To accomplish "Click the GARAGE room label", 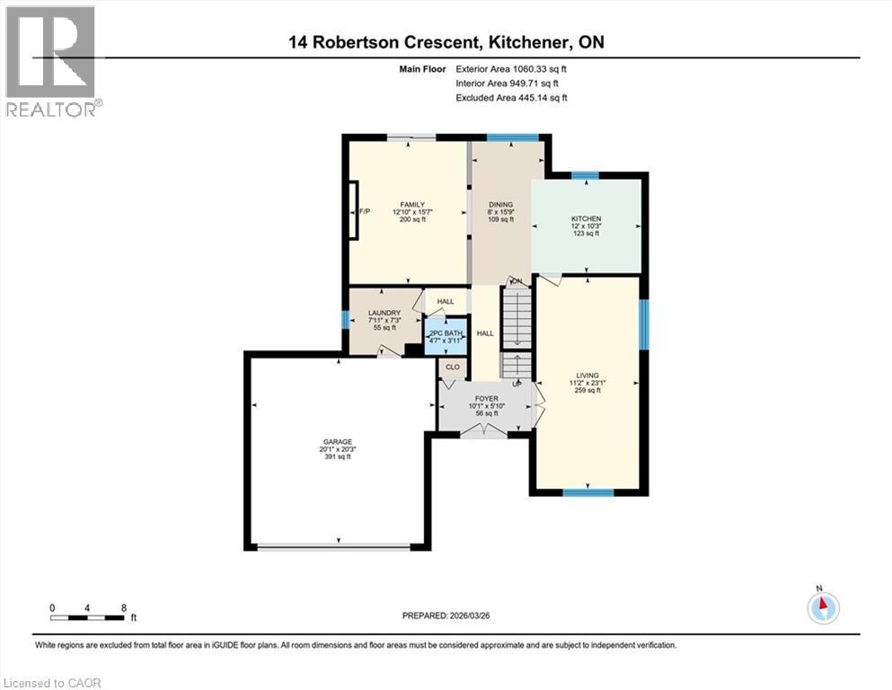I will [x=338, y=442].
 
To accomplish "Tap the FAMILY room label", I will [x=412, y=205].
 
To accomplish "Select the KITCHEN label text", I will [x=587, y=218].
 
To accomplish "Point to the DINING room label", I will [x=500, y=205].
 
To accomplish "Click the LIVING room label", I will [x=588, y=376].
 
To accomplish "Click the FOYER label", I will [x=485, y=398].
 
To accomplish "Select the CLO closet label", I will [x=452, y=367].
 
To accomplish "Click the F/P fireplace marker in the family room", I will [x=365, y=211].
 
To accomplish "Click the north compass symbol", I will [x=822, y=606].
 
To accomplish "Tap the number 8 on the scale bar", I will [x=122, y=607].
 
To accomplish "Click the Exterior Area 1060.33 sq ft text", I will [x=512, y=68].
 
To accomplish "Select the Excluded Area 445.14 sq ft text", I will [x=512, y=97].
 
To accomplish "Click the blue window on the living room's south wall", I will [x=588, y=491].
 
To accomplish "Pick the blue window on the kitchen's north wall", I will [x=586, y=175].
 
